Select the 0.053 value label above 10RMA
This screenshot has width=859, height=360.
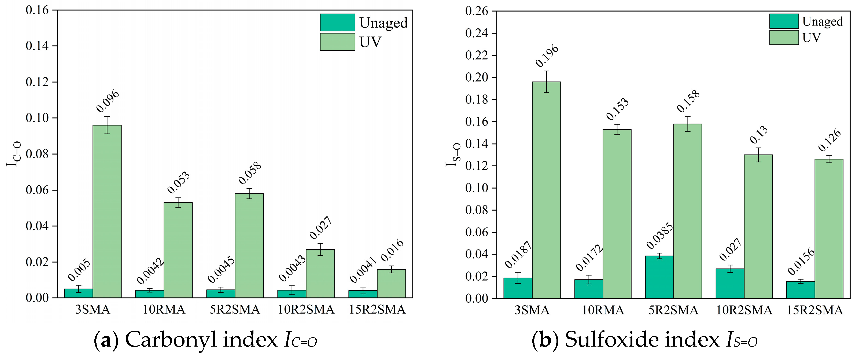(x=178, y=182)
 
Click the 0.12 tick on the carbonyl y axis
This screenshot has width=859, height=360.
(x=37, y=82)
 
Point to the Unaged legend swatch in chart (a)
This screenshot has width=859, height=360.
(x=337, y=22)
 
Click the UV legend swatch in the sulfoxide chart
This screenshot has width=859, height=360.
(x=784, y=37)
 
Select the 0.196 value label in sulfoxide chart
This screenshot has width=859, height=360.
(x=547, y=55)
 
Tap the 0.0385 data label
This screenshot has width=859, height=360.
(x=659, y=236)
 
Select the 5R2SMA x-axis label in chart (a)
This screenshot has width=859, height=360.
(x=235, y=310)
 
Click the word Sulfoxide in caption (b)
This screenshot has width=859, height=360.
(x=609, y=340)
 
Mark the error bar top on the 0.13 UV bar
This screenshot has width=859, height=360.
(x=758, y=148)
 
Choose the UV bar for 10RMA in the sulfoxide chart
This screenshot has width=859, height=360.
(x=617, y=214)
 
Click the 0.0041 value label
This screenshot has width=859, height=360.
(x=363, y=269)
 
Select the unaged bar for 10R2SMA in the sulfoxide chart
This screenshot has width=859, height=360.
(x=730, y=283)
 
